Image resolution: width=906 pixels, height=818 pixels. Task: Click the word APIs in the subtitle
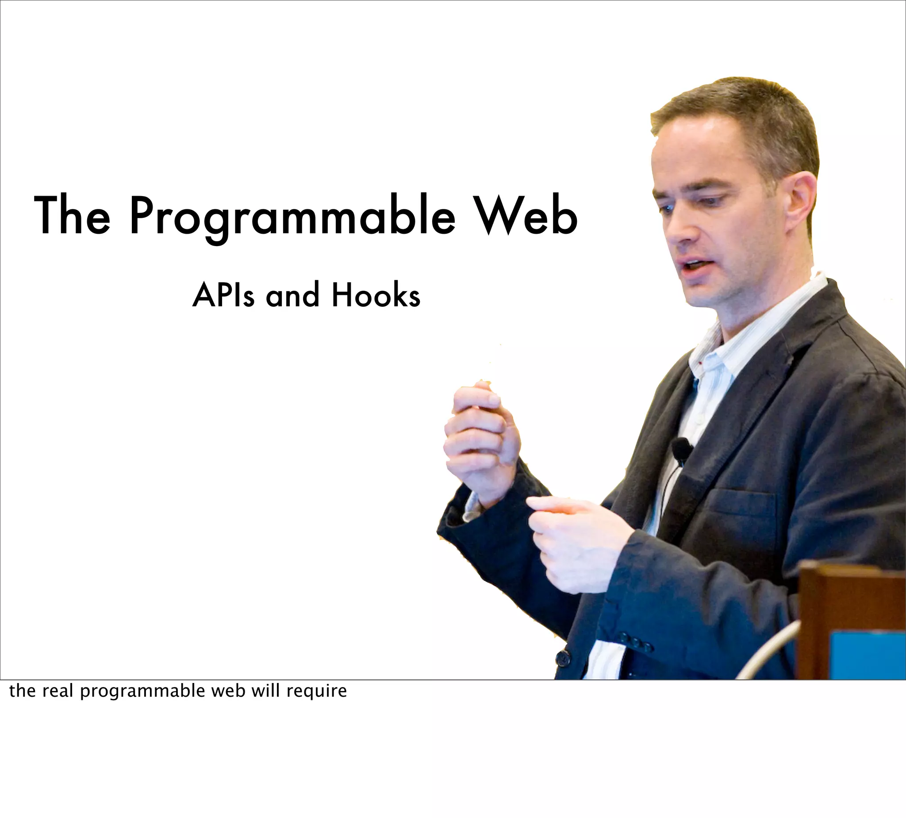pos(223,295)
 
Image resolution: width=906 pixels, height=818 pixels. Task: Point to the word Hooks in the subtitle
pos(376,295)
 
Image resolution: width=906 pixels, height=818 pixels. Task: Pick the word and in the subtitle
pos(292,295)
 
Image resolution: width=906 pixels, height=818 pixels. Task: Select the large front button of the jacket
pos(563,659)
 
